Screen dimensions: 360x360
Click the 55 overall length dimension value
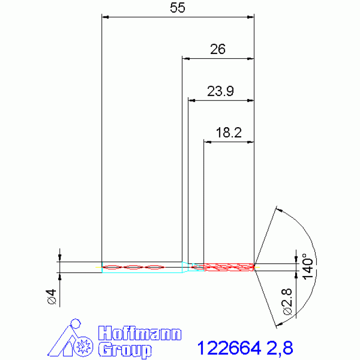[x=177, y=8]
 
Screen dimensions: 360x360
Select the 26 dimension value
[x=218, y=49]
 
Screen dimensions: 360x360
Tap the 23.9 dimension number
[x=221, y=91]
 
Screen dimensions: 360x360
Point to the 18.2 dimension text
[x=229, y=132]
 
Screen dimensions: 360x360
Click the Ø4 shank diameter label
[x=52, y=297]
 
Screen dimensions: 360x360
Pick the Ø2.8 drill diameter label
[x=287, y=301]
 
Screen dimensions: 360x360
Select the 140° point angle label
[x=307, y=266]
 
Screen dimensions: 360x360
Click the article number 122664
[x=229, y=348]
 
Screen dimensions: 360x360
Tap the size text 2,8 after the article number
[x=280, y=348]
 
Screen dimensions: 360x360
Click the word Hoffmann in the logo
[x=140, y=333]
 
